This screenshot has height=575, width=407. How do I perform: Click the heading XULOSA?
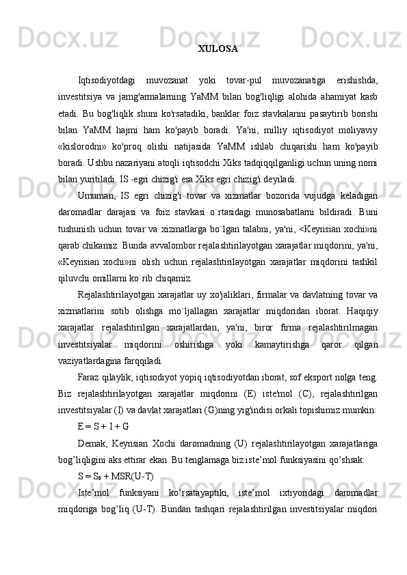[x=218, y=49]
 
